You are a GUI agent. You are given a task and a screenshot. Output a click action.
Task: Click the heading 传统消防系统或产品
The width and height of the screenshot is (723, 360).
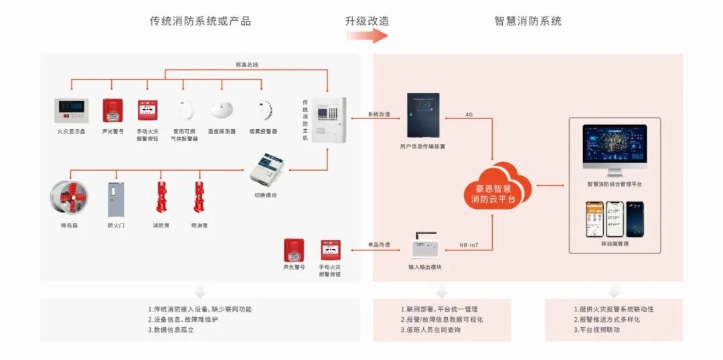200,21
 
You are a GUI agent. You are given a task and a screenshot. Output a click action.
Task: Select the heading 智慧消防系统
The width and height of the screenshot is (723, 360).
528,21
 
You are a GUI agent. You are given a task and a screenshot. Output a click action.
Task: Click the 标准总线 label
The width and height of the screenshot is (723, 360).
247,65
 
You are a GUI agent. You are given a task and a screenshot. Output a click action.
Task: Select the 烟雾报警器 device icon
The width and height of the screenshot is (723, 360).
263,110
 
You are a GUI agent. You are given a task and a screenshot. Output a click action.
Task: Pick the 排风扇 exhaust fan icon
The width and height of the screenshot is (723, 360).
69,199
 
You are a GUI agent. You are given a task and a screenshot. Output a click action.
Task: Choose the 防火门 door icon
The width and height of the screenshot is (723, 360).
116,199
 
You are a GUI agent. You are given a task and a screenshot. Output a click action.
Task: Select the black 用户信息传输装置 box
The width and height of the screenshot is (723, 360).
423,115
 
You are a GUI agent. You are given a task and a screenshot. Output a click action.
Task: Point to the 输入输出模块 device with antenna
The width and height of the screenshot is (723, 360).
427,247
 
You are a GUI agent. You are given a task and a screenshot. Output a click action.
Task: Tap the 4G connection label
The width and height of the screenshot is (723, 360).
469,114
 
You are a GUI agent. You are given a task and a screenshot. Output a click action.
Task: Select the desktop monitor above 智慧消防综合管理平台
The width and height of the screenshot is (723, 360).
615,146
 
